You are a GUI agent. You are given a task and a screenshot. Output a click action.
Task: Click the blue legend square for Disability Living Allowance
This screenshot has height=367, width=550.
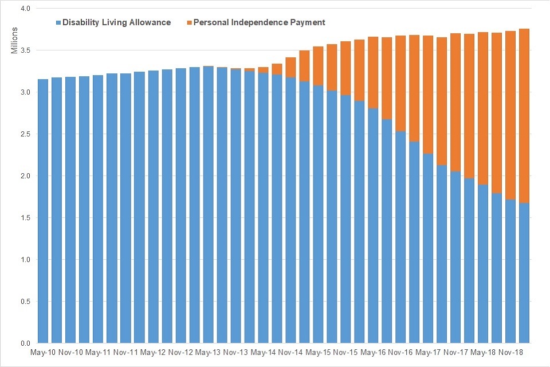[x=58, y=23]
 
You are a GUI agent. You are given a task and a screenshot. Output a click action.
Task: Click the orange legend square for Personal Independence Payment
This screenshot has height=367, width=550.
[x=190, y=23]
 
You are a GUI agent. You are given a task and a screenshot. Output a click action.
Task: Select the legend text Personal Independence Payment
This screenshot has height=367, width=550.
[x=260, y=23]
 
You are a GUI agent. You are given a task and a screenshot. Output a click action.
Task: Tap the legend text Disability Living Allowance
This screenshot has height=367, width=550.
[x=117, y=23]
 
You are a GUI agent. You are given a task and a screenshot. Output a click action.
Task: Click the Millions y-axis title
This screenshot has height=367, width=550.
[x=15, y=41]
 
